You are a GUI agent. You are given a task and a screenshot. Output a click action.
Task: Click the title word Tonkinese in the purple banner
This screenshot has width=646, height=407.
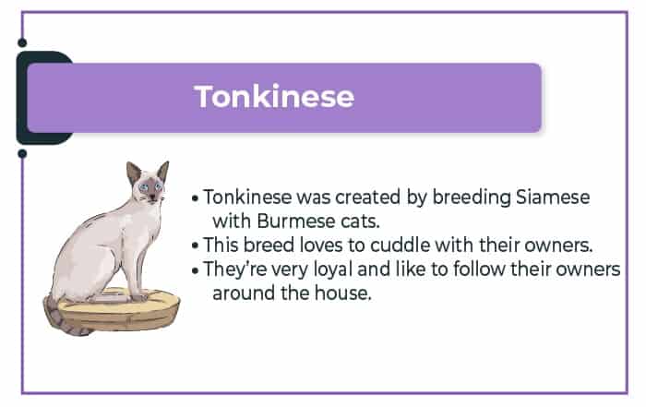274,96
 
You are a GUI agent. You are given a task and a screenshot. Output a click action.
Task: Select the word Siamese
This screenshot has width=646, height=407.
553,197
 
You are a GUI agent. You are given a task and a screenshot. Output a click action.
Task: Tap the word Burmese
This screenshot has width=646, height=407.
296,221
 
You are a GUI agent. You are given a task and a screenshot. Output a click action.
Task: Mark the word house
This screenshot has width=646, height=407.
342,293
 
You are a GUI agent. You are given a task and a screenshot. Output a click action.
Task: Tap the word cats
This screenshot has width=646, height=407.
360,221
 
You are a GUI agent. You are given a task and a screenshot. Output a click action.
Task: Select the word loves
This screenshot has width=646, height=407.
321,245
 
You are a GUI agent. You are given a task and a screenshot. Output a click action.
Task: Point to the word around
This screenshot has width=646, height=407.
244,293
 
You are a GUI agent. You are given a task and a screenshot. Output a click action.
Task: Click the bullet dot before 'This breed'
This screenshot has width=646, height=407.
196,245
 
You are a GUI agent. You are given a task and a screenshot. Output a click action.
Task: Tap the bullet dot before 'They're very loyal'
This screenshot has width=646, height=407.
196,270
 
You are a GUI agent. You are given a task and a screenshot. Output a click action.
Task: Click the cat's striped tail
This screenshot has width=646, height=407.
62,318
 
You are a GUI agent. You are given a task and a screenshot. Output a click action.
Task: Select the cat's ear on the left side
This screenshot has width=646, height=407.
134,173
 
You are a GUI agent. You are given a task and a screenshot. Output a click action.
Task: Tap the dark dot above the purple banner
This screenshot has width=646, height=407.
22,42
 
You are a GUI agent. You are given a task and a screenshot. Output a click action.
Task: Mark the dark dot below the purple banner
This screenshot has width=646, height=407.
22,153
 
